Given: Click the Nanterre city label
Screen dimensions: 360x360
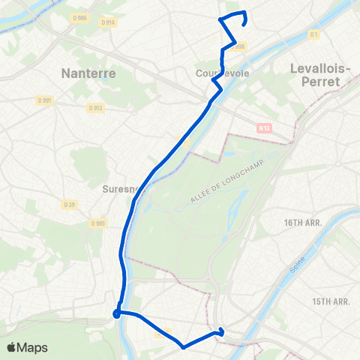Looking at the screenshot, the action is [x=87, y=74].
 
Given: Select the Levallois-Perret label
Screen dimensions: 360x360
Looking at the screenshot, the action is [x=320, y=74].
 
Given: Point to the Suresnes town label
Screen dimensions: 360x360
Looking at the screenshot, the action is [x=122, y=190].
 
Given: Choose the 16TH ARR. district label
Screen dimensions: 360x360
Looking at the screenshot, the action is [x=322, y=223].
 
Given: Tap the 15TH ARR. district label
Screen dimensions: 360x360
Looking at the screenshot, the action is [x=331, y=301].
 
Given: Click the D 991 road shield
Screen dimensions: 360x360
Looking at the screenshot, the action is [x=45, y=100].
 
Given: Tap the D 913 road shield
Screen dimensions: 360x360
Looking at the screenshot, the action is [x=94, y=107].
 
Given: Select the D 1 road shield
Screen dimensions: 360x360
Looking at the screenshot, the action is [x=314, y=34].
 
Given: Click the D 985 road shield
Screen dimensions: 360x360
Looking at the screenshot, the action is [x=98, y=223].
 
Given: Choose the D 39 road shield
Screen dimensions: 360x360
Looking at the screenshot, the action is [x=70, y=204].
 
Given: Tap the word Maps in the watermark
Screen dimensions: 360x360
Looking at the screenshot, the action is [x=33, y=347].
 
